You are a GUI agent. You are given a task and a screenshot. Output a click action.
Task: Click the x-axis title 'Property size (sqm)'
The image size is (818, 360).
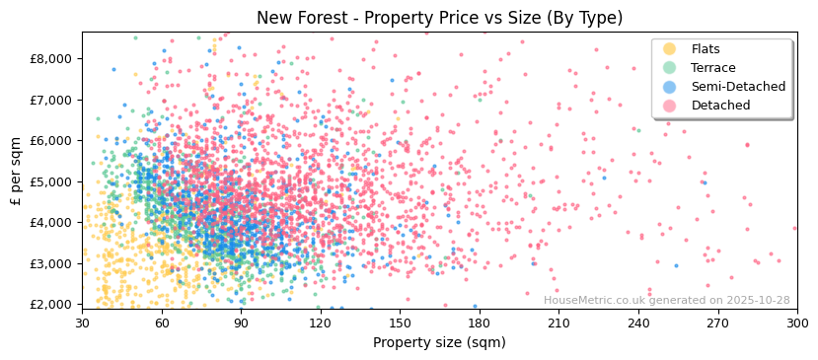click(x=439, y=342)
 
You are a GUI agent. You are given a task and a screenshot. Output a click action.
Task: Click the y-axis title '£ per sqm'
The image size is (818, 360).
click(x=16, y=172)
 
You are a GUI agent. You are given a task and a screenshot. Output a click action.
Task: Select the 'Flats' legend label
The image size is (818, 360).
click(x=706, y=49)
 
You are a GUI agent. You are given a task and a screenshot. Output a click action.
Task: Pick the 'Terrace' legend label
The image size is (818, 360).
click(x=713, y=68)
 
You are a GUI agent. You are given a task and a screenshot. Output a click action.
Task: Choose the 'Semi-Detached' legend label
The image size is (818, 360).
click(x=738, y=87)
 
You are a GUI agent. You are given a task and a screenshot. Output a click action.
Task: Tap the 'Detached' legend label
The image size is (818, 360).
click(x=720, y=106)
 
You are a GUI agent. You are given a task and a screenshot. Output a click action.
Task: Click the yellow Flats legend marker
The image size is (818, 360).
click(x=670, y=49)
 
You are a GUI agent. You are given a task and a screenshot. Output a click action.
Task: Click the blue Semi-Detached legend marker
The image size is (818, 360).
click(x=670, y=87)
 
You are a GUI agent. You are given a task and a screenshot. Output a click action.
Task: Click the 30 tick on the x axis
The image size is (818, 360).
click(x=82, y=323)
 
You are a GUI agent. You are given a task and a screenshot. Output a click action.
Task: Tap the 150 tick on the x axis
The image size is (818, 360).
click(x=400, y=323)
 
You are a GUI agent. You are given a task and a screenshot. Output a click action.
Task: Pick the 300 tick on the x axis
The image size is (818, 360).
click(x=797, y=323)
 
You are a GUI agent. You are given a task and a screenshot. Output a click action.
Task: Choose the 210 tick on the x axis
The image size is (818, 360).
click(x=558, y=323)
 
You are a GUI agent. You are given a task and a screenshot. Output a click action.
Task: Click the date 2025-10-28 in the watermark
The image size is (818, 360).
click(x=760, y=301)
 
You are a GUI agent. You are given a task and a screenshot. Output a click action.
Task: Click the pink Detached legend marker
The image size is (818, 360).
click(x=670, y=106)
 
